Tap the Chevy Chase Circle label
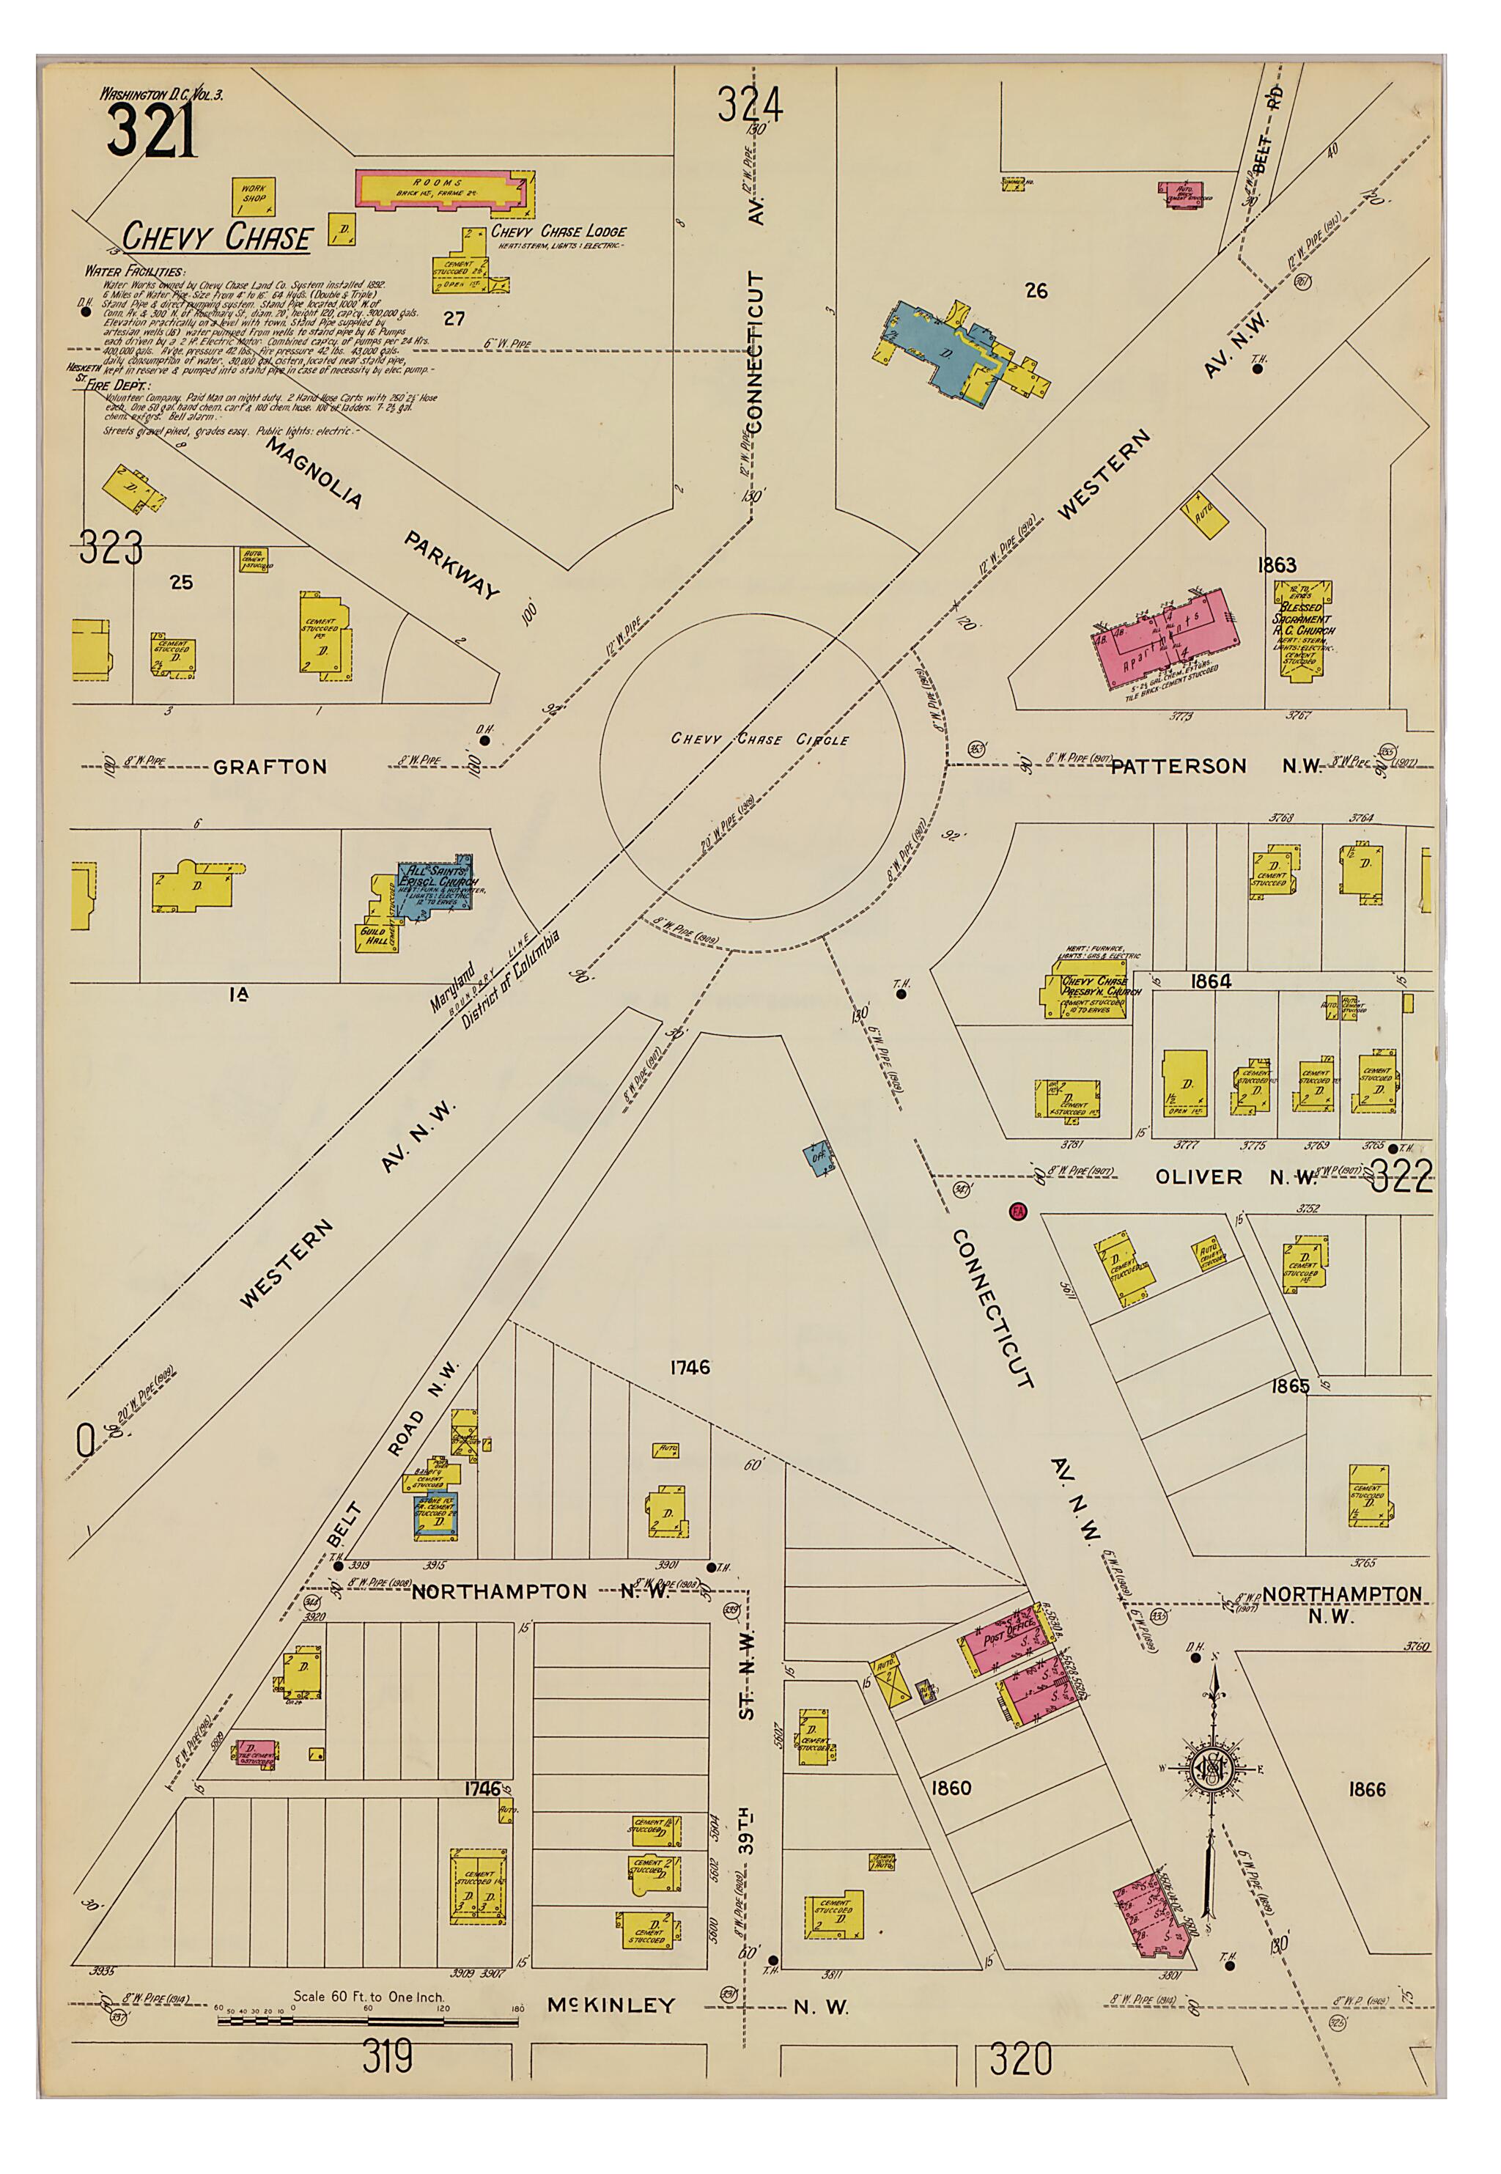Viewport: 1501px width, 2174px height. tap(759, 740)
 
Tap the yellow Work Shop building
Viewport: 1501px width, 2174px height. tap(254, 196)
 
